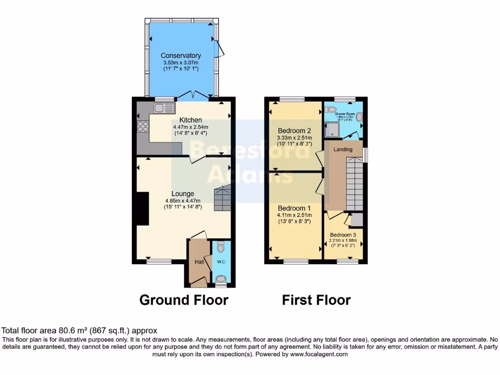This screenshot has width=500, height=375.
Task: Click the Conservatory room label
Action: [181, 56]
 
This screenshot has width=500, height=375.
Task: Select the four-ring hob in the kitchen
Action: [143, 126]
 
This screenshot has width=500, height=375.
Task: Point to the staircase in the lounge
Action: [222, 198]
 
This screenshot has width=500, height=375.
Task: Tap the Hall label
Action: [199, 262]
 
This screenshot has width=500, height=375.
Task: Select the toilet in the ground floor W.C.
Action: [221, 279]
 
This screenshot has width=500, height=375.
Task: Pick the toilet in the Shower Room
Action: [331, 109]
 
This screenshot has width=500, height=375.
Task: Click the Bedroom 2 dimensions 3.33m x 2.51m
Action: [294, 138]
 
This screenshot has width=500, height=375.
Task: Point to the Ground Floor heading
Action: [184, 300]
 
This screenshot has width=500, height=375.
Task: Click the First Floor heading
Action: [316, 300]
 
